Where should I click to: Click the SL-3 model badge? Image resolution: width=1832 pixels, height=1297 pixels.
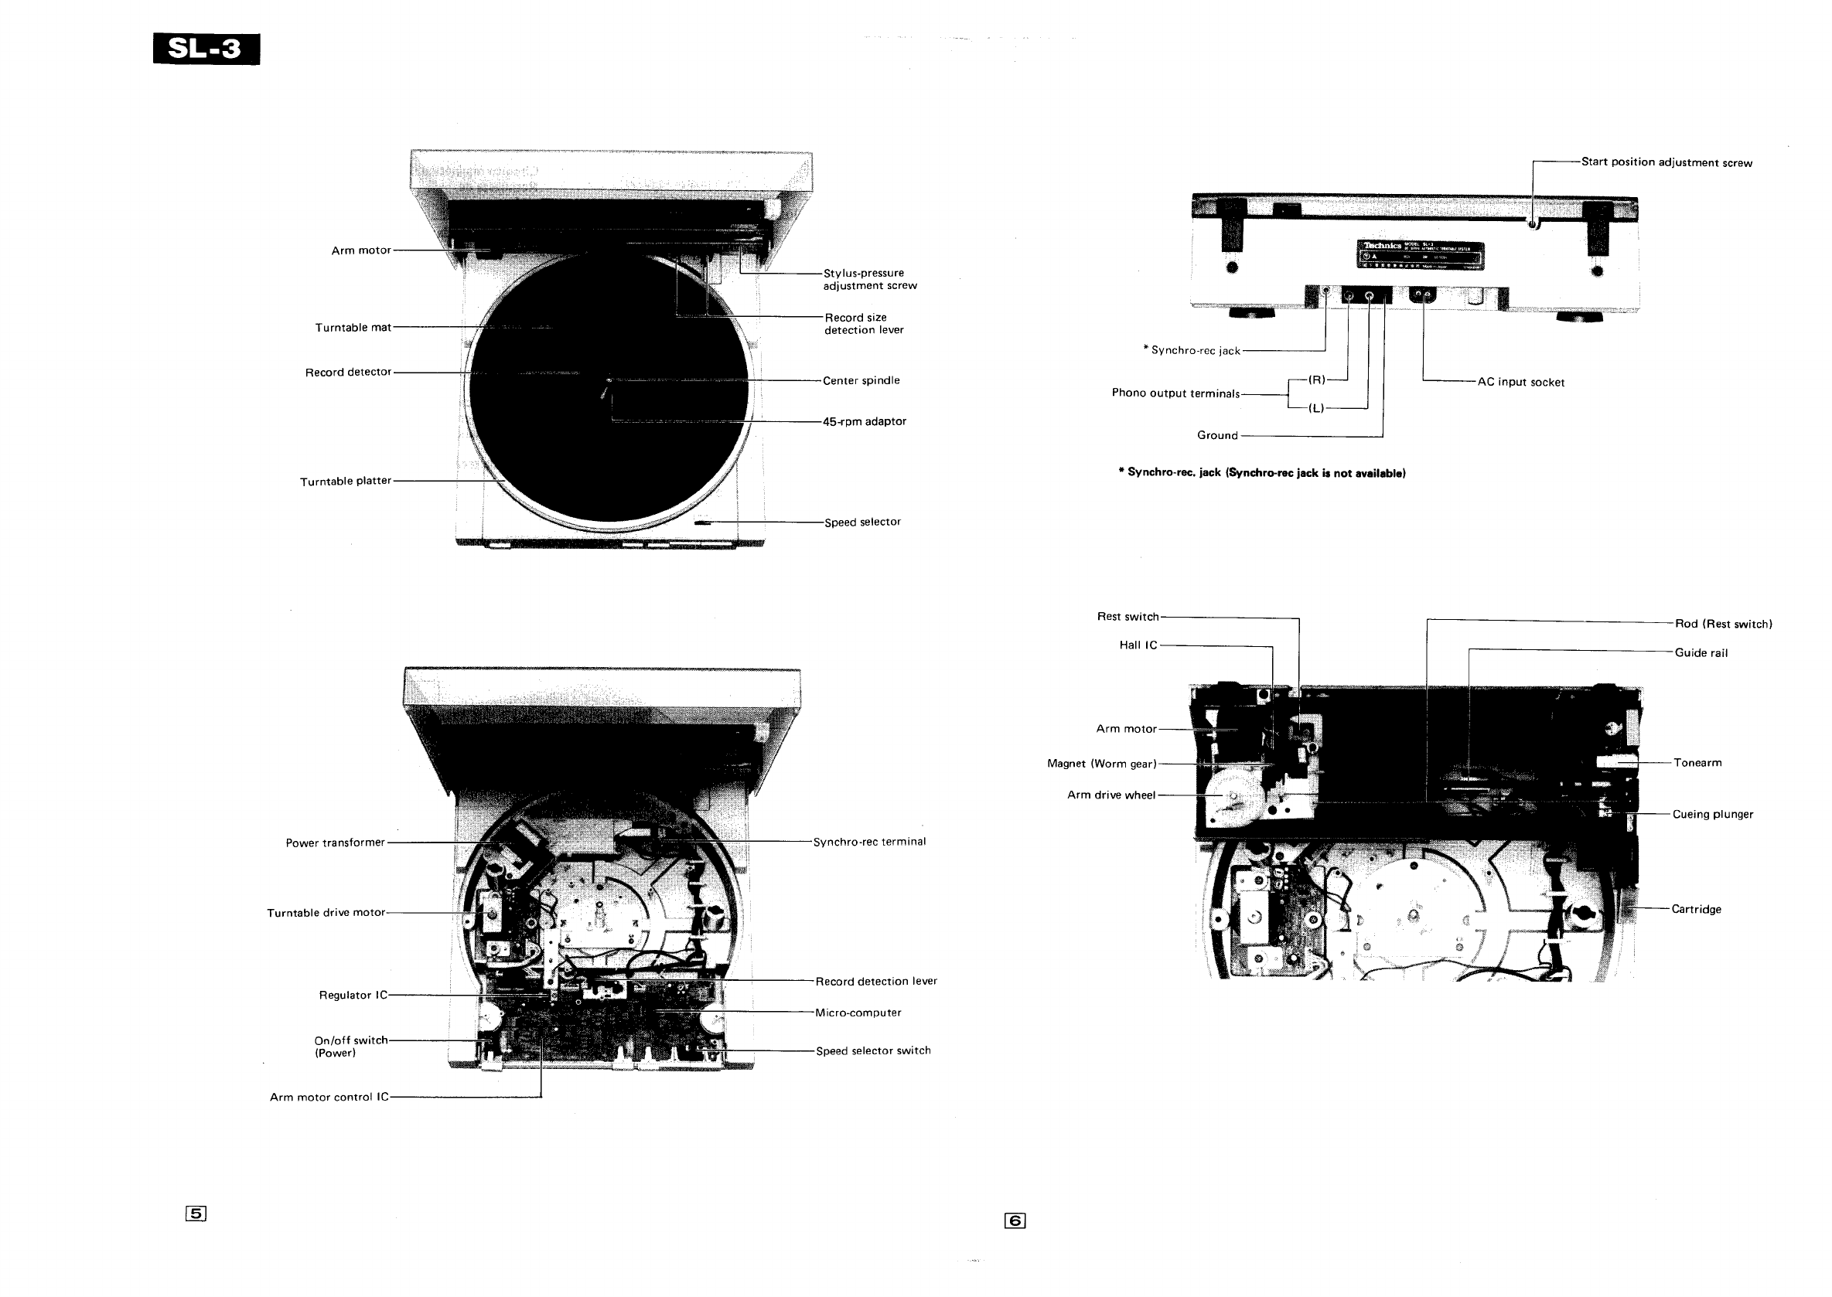click(206, 49)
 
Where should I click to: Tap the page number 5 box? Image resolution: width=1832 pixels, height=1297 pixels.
click(196, 1214)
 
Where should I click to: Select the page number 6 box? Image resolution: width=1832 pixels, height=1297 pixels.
click(1015, 1220)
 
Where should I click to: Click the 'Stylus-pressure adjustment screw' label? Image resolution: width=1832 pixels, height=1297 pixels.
click(869, 280)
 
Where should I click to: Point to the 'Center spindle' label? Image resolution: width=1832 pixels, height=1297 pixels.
click(861, 381)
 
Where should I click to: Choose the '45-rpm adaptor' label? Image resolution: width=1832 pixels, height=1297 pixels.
click(865, 422)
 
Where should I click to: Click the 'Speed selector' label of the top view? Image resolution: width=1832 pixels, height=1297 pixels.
click(862, 523)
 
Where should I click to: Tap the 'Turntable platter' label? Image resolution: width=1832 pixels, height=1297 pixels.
click(345, 482)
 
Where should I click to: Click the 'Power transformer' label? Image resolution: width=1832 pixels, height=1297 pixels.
click(335, 843)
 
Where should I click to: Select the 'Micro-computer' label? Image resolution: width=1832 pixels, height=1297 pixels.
click(858, 1013)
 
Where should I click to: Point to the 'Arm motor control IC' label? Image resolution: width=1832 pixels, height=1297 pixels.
click(329, 1098)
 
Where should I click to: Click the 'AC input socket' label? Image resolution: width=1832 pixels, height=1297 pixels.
click(1520, 383)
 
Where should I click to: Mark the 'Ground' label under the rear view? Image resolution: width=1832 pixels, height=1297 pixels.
click(1216, 435)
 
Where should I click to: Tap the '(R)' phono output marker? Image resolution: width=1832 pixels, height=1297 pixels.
click(1316, 380)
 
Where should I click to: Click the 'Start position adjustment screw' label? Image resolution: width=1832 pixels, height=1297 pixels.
click(1667, 163)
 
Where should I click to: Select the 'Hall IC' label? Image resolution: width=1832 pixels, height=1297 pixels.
click(1138, 645)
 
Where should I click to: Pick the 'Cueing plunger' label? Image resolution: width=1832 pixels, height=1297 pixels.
click(1712, 815)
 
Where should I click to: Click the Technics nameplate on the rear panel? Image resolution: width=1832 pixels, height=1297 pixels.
click(1421, 254)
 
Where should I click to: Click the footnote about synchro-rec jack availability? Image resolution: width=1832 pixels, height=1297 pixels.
click(1261, 473)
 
